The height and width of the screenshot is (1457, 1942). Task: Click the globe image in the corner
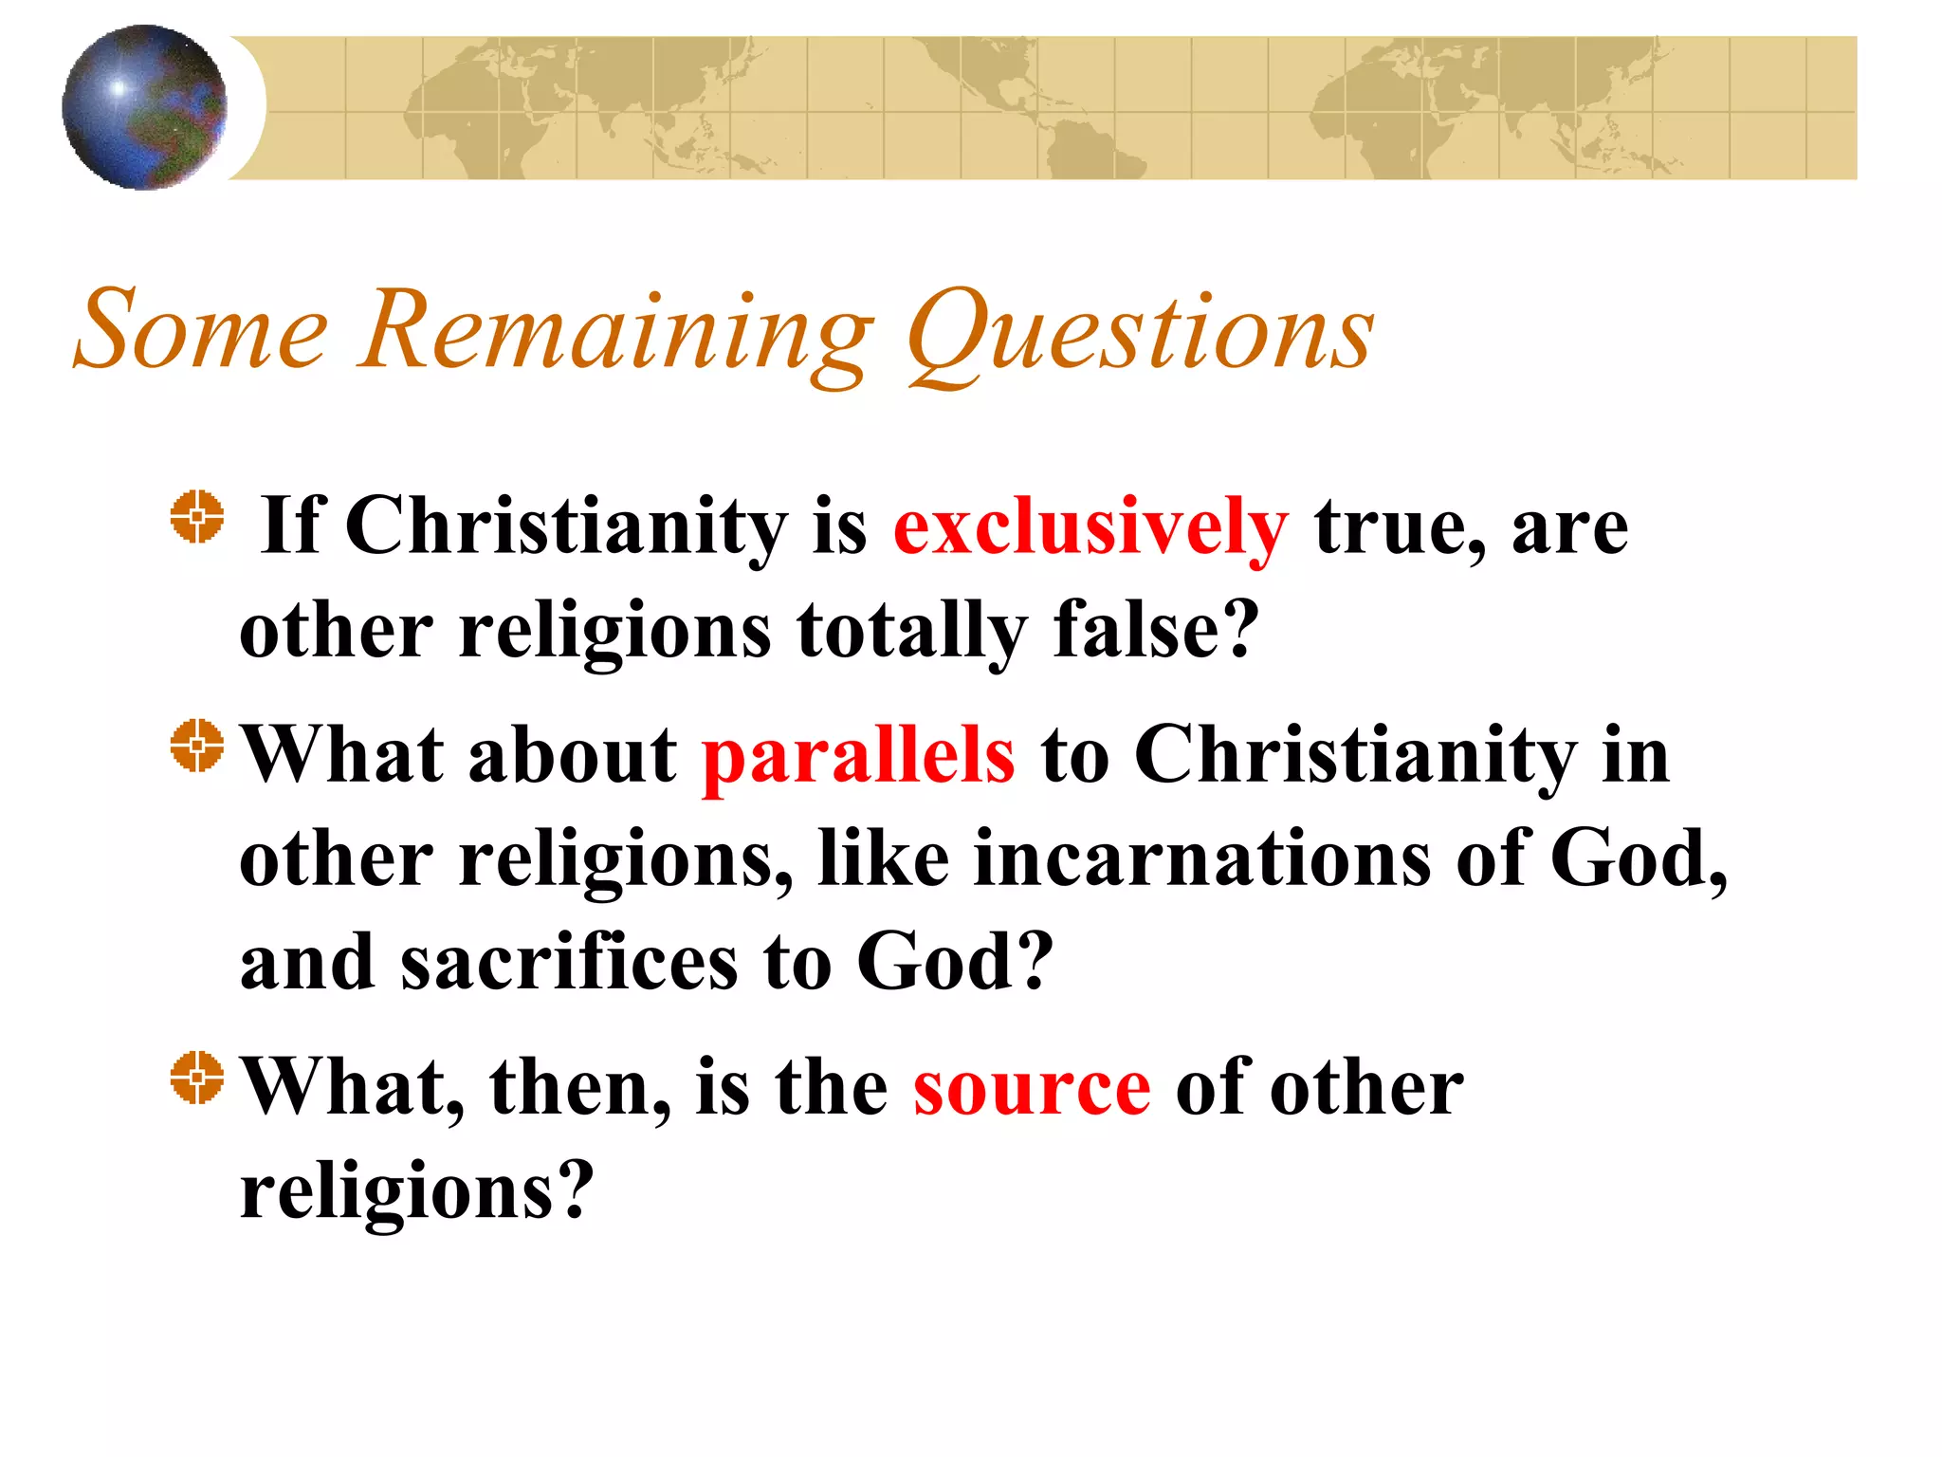pyautogui.click(x=144, y=107)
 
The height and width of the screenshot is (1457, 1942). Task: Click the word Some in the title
pyautogui.click(x=200, y=329)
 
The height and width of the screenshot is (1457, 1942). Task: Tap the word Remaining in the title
pyautogui.click(x=615, y=332)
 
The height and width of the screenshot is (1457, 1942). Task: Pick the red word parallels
pyautogui.click(x=858, y=756)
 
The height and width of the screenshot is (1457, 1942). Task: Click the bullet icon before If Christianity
pyautogui.click(x=197, y=517)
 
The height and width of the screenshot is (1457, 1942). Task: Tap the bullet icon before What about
pyautogui.click(x=197, y=746)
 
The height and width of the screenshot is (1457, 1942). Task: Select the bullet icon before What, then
pyautogui.click(x=197, y=1078)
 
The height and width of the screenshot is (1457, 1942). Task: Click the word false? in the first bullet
pyautogui.click(x=1156, y=630)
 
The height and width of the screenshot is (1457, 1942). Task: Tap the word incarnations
pyautogui.click(x=1202, y=859)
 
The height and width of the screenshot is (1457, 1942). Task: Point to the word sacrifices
pyautogui.click(x=569, y=963)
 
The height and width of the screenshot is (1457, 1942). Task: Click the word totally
pyautogui.click(x=911, y=632)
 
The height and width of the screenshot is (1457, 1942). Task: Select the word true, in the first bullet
pyautogui.click(x=1400, y=527)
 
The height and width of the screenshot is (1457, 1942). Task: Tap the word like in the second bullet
pyautogui.click(x=883, y=858)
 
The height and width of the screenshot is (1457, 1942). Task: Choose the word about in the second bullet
pyautogui.click(x=573, y=756)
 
